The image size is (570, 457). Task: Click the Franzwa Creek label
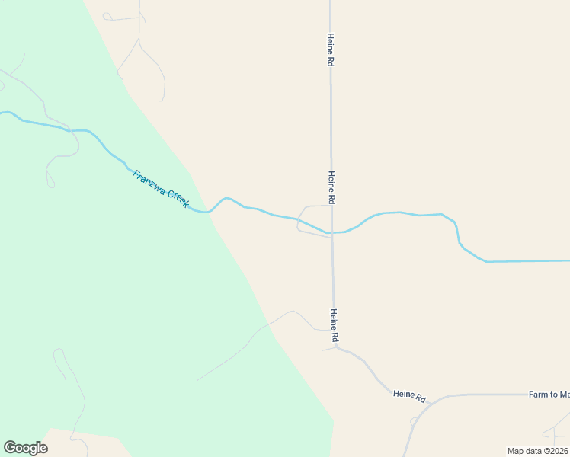point(160,188)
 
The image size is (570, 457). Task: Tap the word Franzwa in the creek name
point(149,181)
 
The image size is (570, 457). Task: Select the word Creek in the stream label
point(178,200)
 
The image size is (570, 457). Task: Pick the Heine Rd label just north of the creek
point(331,187)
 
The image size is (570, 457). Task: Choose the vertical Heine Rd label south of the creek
point(334,324)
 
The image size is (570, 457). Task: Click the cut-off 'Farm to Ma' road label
point(549,395)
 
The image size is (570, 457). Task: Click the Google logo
point(25,447)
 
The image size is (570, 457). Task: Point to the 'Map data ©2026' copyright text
point(537,450)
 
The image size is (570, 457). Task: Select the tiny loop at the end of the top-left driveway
point(107,16)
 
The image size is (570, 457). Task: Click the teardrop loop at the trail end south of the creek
point(50,181)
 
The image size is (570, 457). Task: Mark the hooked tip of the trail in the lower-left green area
point(56,351)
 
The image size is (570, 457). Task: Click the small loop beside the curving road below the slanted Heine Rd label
point(414,420)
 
